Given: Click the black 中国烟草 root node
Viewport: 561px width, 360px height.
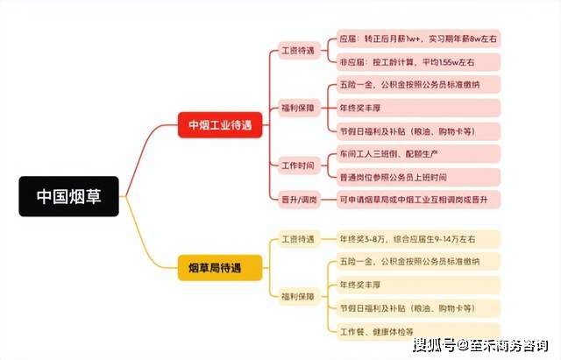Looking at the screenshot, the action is [x=68, y=196].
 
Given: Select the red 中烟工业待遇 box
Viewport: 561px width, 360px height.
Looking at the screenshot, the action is [x=220, y=124].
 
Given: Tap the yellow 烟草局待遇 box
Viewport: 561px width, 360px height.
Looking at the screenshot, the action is [x=220, y=268].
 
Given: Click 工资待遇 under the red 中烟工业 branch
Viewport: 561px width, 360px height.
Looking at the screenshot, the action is [x=299, y=51].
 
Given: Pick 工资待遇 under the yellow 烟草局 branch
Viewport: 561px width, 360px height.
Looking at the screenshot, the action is [x=299, y=239].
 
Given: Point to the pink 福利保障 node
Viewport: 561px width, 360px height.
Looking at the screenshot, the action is [x=299, y=108].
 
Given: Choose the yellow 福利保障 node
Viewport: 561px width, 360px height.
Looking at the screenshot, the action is [x=299, y=296].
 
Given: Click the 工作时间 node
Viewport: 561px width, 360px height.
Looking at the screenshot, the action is [x=299, y=166].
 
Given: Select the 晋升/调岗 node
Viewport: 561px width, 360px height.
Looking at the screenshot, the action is [x=299, y=200].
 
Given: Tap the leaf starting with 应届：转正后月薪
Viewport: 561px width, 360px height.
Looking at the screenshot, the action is [x=418, y=39].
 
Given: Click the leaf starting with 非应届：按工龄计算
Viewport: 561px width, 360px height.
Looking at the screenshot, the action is [x=418, y=62].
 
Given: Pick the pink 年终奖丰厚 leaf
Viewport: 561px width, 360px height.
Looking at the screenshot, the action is [x=418, y=108].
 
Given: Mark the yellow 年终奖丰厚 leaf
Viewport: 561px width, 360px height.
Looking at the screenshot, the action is [x=418, y=285].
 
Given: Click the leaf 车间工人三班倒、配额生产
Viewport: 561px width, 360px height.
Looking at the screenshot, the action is [x=418, y=154].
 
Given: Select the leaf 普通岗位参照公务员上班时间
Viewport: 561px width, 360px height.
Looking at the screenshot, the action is [x=418, y=177].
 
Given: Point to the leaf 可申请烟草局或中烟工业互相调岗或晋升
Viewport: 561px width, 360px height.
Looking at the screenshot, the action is [x=418, y=200].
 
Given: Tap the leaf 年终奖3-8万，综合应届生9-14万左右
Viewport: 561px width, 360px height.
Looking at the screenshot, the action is [x=418, y=239].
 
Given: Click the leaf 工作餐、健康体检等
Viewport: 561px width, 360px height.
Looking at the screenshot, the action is [x=418, y=331].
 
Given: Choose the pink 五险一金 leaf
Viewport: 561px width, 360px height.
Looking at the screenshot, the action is [x=418, y=85].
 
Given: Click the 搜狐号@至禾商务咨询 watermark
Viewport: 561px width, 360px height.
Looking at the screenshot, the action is [x=480, y=345].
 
